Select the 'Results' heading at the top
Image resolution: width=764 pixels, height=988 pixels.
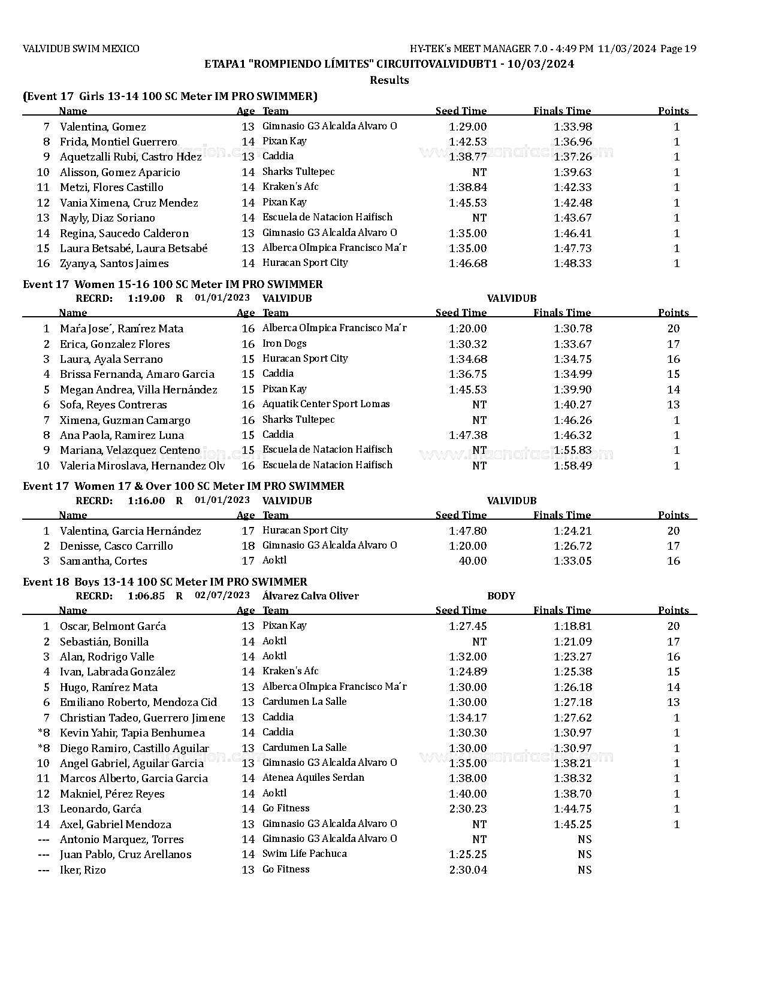(389, 80)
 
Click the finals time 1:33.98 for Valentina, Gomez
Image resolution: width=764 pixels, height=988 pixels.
(572, 127)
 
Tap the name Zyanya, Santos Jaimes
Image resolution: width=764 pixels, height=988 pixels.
(114, 263)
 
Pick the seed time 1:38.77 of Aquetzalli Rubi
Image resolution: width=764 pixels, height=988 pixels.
(467, 157)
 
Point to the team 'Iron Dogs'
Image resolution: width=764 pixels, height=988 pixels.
(284, 344)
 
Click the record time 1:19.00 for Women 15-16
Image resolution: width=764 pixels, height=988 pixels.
(146, 298)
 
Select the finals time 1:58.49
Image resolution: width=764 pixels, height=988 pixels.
(572, 465)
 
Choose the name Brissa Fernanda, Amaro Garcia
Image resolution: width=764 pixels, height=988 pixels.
(137, 374)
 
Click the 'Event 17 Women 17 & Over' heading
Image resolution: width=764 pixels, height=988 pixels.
(183, 486)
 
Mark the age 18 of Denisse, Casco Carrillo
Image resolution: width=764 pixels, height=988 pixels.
(248, 546)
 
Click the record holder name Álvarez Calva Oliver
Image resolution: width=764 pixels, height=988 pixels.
(310, 596)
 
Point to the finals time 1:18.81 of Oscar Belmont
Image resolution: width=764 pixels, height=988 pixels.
(572, 626)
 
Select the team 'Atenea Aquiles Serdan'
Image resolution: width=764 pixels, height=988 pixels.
(313, 778)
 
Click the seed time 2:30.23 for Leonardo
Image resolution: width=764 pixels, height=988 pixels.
(467, 809)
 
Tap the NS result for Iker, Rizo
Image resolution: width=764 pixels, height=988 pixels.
(584, 870)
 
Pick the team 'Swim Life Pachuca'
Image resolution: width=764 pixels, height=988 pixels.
(304, 854)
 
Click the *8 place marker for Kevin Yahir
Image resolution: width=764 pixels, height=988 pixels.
(44, 733)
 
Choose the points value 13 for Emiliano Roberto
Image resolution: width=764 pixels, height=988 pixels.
(673, 702)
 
